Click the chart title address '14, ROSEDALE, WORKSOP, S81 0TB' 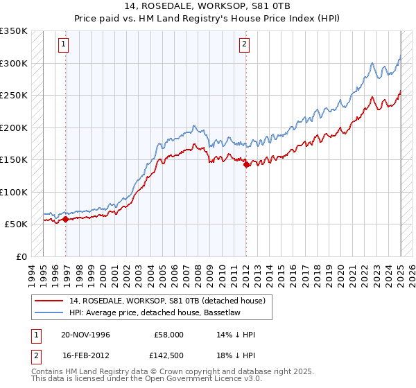click(x=207, y=7)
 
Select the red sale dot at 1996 click(x=65, y=219)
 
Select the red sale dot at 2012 click(x=246, y=165)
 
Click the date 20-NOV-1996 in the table click(x=85, y=335)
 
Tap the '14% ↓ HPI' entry click(x=236, y=335)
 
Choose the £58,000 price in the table click(x=169, y=335)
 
